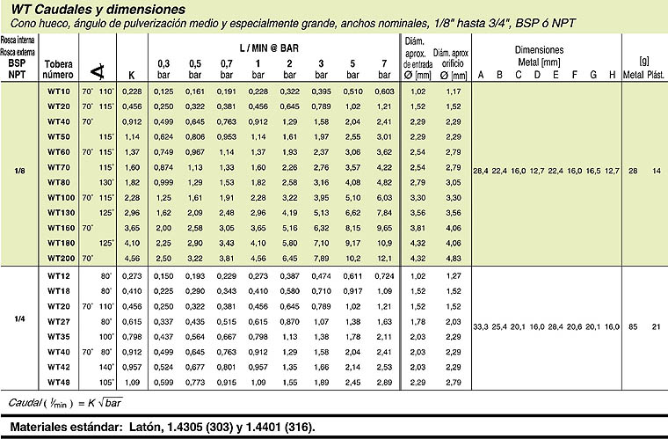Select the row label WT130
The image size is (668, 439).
(59, 212)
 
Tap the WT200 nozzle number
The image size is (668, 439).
(59, 258)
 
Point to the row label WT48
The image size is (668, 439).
(59, 382)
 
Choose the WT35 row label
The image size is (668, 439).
(59, 336)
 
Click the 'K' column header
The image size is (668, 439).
(132, 75)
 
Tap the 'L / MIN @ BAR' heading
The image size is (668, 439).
(273, 43)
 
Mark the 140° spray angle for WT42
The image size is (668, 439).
(106, 366)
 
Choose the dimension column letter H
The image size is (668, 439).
(613, 75)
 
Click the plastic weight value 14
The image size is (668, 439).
(656, 169)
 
